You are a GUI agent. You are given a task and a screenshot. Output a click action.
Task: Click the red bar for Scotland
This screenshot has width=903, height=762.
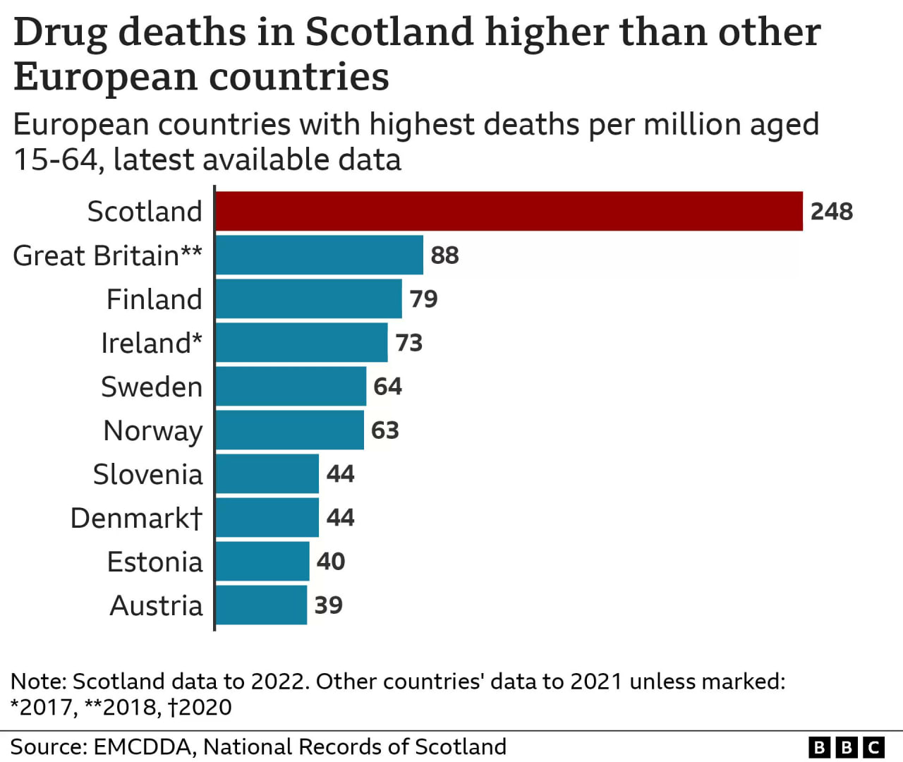509,211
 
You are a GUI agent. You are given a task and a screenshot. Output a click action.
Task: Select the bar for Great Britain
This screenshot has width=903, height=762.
319,255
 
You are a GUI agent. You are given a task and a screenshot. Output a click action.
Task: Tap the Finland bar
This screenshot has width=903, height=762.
309,298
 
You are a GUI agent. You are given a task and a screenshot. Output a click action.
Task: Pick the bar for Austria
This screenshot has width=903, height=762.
261,605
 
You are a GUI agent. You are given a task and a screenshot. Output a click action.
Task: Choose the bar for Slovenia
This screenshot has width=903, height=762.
267,473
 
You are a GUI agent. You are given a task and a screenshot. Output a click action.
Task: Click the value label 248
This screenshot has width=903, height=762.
832,212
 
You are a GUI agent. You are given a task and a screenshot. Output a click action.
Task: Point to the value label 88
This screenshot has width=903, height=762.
444,255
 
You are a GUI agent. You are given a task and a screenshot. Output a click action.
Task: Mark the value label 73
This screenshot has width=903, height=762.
408,343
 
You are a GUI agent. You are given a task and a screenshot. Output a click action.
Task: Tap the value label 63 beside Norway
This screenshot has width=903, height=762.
385,430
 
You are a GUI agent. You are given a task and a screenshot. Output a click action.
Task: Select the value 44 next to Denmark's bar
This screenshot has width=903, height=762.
340,518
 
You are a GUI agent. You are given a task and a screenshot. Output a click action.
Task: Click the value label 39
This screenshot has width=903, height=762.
328,605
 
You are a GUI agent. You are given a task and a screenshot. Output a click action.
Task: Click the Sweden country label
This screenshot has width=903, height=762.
152,387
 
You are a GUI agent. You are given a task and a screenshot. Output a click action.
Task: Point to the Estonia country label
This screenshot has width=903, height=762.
154,562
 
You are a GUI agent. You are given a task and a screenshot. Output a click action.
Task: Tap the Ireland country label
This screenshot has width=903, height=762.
152,343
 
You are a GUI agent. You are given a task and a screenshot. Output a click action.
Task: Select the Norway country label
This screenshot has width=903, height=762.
153,431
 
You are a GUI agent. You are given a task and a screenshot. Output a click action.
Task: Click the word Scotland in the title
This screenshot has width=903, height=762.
389,32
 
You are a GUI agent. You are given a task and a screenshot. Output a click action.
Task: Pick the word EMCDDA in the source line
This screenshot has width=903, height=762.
143,747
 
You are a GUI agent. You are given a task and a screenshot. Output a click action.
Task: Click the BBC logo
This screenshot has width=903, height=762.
847,747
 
